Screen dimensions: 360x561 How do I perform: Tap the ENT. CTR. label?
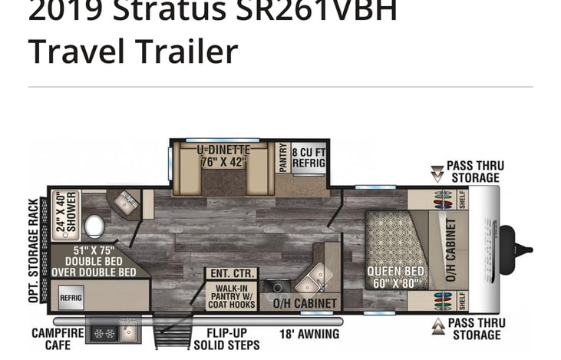click(231, 272)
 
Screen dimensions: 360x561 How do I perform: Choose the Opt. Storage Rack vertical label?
click(34, 246)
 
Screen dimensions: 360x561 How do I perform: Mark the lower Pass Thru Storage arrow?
click(436, 326)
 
